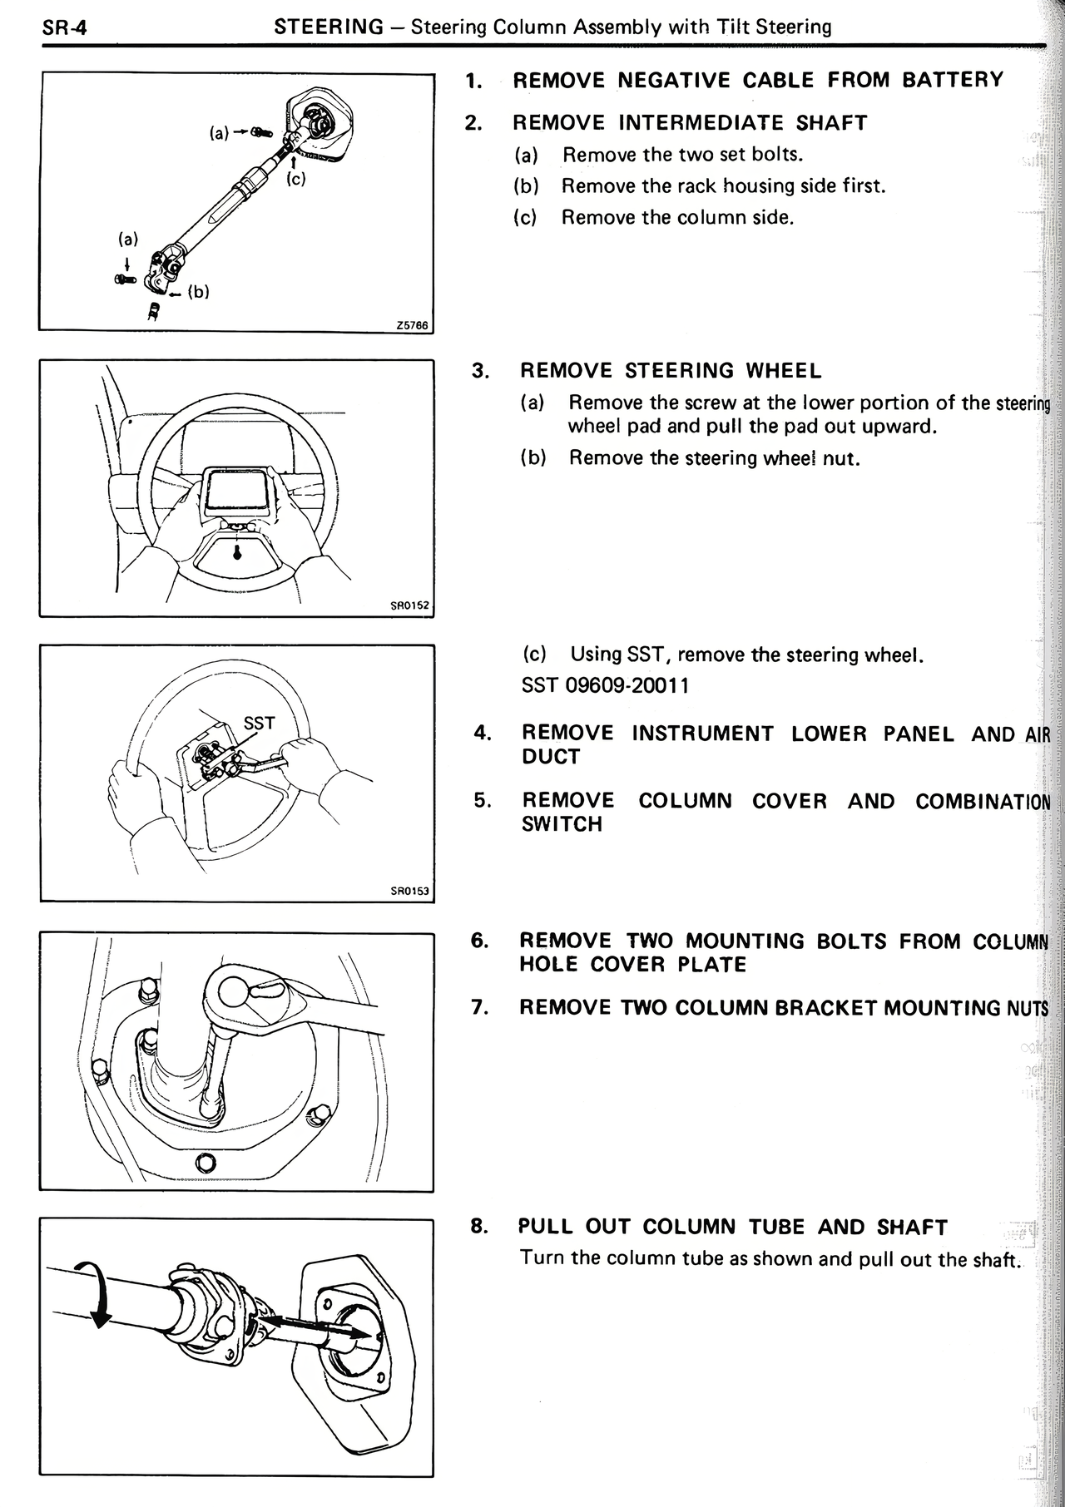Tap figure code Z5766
(412, 325)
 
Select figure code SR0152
(410, 605)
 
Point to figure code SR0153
(410, 891)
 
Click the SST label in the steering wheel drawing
(258, 723)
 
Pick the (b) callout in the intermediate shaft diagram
(198, 291)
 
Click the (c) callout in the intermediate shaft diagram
(295, 178)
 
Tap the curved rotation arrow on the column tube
(94, 1292)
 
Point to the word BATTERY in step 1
(953, 80)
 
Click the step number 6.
(479, 941)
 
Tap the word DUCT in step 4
(550, 757)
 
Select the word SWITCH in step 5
(562, 824)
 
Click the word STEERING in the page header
(329, 27)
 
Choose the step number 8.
(478, 1226)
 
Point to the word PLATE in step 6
(711, 965)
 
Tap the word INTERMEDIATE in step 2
(701, 123)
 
